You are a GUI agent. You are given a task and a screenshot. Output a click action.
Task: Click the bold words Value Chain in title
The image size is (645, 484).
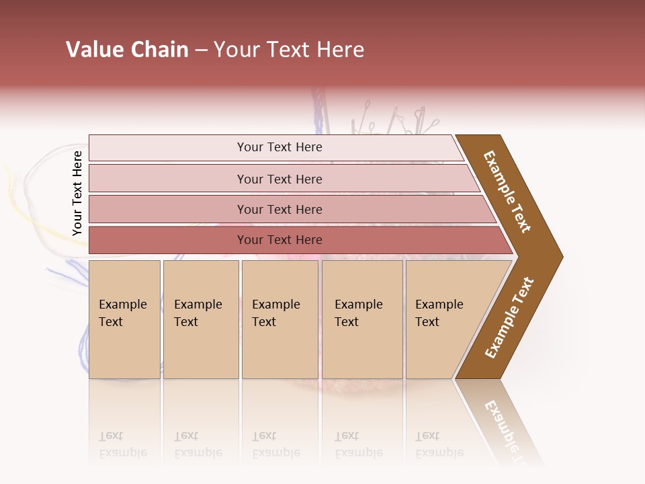pos(127,50)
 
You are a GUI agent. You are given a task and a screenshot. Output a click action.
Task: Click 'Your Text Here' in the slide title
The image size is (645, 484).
pos(289,50)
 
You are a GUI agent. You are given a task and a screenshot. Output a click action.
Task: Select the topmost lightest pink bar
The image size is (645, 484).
pos(279,147)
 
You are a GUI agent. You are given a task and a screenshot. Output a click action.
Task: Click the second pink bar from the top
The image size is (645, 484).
pos(279,179)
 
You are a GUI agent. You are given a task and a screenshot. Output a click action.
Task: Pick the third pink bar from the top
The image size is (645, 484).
pos(279,209)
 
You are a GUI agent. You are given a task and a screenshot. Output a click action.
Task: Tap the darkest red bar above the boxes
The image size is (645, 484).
pos(279,240)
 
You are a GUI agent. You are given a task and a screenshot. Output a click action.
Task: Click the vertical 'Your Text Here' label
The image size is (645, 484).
pos(77,194)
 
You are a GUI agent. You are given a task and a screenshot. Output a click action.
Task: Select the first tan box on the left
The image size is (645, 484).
pos(124,319)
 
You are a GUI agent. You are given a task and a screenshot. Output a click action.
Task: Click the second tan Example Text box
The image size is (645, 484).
pos(201,319)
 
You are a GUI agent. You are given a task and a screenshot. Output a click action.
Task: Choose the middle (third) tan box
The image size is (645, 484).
pos(279,319)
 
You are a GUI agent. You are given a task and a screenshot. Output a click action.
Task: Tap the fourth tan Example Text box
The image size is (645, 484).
pos(362,319)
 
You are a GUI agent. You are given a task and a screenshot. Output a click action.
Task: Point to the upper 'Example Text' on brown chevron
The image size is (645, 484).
pos(507,192)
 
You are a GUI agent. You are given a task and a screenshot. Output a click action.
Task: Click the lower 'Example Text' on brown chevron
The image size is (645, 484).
pos(509,318)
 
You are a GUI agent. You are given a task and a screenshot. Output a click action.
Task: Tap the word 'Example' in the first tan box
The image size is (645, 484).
pos(122,305)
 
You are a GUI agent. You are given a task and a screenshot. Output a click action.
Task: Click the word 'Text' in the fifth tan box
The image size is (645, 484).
pos(427,322)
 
